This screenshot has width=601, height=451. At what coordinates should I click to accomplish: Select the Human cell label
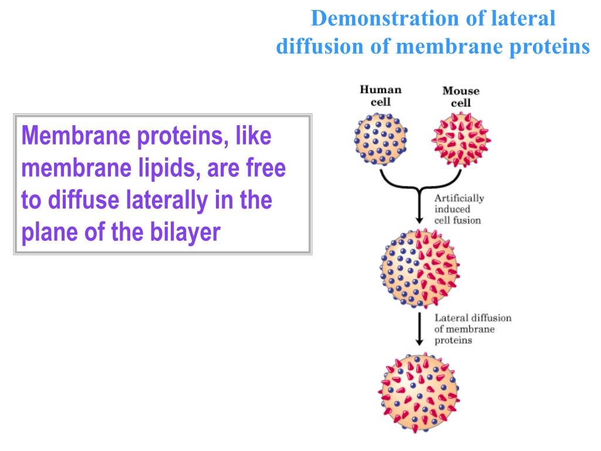[x=380, y=96]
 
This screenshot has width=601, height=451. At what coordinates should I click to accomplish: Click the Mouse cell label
[x=461, y=97]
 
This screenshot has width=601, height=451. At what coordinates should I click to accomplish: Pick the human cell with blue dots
[x=380, y=138]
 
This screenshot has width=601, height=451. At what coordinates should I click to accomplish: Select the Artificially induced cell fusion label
[x=459, y=209]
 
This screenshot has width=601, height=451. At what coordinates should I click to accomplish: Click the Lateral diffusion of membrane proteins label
[x=472, y=329]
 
